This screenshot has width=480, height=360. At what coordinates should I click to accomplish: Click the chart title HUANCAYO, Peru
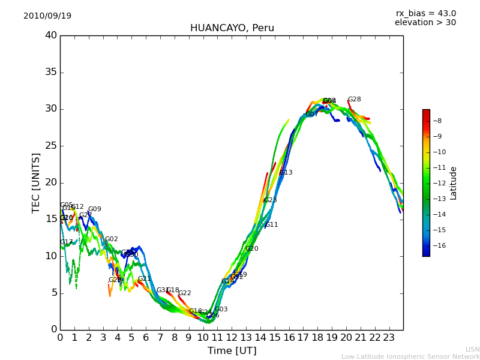pos(232,28)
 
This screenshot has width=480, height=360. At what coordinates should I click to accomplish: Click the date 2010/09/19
pos(47,16)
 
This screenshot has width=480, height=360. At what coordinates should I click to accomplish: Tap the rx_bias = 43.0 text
pos(425,14)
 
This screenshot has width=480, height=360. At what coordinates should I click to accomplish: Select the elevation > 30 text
pos(425,23)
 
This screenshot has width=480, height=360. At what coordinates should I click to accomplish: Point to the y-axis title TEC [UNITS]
pos(37,182)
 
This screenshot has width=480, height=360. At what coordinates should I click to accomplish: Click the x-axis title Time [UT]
pos(232,351)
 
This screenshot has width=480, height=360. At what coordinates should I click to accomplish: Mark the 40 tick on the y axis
pos(51,35)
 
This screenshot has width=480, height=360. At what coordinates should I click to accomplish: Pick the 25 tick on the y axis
pos(51,146)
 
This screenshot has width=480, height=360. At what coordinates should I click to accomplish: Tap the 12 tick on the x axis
pos(232,337)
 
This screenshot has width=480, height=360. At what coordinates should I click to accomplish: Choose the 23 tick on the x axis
pos(389,337)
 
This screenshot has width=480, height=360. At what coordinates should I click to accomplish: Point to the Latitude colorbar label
pos(454,183)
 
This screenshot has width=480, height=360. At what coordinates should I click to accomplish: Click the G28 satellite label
pos(355,100)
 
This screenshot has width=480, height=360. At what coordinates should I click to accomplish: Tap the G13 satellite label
pos(286,173)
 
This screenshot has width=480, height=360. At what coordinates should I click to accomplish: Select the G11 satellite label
pos(272,225)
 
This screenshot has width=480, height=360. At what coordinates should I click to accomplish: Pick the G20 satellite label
pos(252,249)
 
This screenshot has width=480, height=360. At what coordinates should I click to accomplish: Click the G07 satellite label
pos(312,115)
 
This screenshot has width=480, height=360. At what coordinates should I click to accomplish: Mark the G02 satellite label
pos(112,239)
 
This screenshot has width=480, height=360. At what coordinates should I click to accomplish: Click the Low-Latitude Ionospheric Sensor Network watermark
pos(410,357)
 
